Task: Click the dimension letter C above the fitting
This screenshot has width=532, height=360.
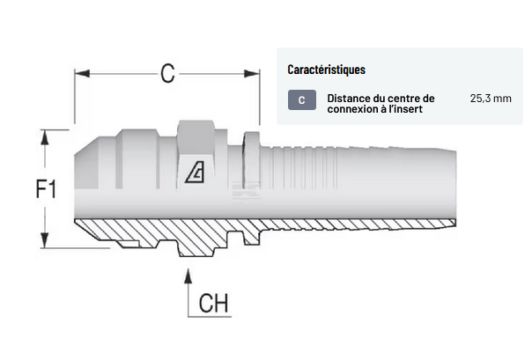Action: [x=166, y=75]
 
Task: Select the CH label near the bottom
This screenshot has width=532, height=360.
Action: [x=214, y=304]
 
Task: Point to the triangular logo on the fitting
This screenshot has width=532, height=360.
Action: [x=196, y=174]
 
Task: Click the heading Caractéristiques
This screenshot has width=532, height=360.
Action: [x=326, y=69]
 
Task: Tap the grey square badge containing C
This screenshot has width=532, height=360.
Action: [x=301, y=100]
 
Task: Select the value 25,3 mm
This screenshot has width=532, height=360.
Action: [x=491, y=99]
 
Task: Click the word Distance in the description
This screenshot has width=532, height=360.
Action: [x=349, y=99]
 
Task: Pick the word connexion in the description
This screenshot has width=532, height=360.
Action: [x=354, y=110]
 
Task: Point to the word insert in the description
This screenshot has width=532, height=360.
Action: [x=408, y=110]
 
